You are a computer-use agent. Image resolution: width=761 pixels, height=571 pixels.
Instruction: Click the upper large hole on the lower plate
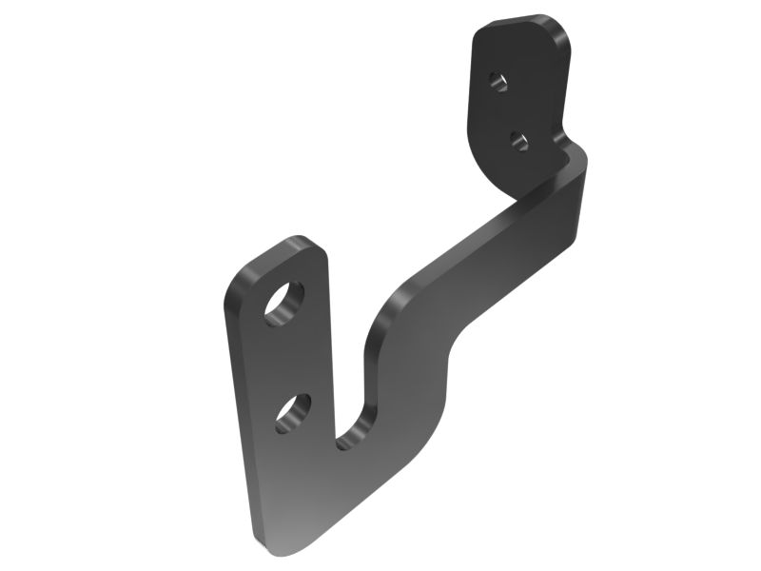284,304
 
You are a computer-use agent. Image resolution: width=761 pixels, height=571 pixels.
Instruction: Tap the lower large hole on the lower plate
293,414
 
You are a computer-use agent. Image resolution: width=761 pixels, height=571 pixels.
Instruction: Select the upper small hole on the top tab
498,80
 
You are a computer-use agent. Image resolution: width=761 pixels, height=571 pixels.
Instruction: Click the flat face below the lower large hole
285,476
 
